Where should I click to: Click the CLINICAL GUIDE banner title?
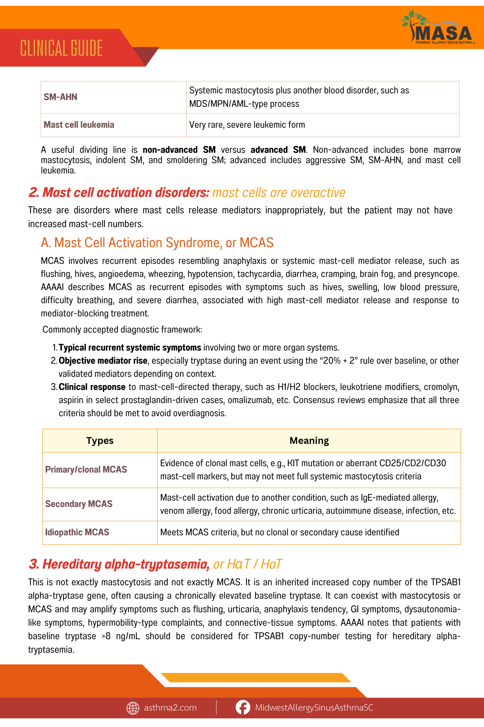pyautogui.click(x=61, y=48)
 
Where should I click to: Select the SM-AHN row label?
pyautogui.click(x=61, y=97)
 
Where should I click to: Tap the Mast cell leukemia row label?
pyautogui.click(x=79, y=125)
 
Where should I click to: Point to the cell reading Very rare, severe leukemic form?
pyautogui.click(x=247, y=125)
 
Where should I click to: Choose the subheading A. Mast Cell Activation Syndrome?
pyautogui.click(x=157, y=243)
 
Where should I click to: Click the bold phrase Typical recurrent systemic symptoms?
pyautogui.click(x=130, y=348)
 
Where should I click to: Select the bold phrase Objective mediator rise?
pyautogui.click(x=103, y=361)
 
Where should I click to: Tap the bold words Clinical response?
pyautogui.click(x=92, y=387)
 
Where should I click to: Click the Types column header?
pyautogui.click(x=100, y=441)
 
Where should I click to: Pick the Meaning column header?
pyautogui.click(x=309, y=441)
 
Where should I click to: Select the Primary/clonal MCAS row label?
pyautogui.click(x=86, y=470)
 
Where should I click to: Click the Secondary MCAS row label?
pyautogui.click(x=79, y=504)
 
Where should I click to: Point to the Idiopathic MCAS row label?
pyautogui.click(x=77, y=532)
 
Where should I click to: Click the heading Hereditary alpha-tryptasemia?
pyautogui.click(x=119, y=564)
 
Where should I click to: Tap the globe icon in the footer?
pyautogui.click(x=133, y=708)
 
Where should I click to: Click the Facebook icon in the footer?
pyautogui.click(x=243, y=708)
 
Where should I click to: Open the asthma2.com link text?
pyautogui.click(x=170, y=708)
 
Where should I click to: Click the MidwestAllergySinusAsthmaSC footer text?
pyautogui.click(x=314, y=708)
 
